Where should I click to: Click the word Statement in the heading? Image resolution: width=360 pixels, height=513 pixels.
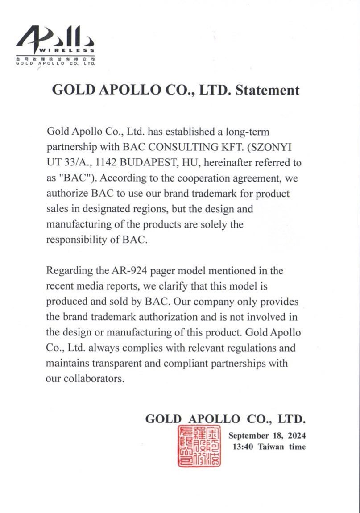pyautogui.click(x=267, y=90)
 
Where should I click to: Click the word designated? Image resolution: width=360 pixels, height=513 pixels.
pyautogui.click(x=139, y=209)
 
